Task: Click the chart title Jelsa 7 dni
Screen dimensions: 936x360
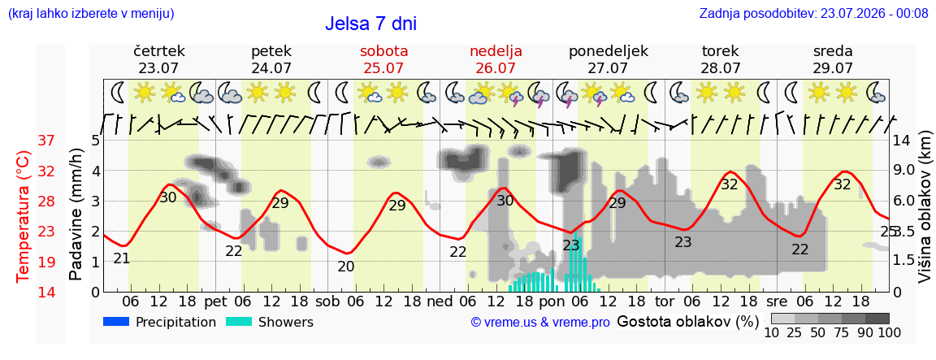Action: tap(370, 24)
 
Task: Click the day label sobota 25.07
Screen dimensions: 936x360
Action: tap(383, 59)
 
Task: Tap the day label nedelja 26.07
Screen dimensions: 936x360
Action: tap(496, 59)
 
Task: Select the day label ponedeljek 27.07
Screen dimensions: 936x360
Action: tap(609, 59)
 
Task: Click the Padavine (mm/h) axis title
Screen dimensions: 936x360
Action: tap(76, 215)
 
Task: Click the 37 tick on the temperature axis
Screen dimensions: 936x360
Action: tap(46, 141)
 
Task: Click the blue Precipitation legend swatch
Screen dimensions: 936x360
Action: tap(117, 321)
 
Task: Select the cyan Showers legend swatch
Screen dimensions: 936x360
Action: tap(240, 321)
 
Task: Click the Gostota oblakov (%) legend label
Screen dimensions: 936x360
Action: tap(687, 322)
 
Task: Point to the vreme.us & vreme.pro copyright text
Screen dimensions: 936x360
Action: tap(540, 323)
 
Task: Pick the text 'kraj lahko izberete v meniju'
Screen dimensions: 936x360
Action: tap(91, 13)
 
